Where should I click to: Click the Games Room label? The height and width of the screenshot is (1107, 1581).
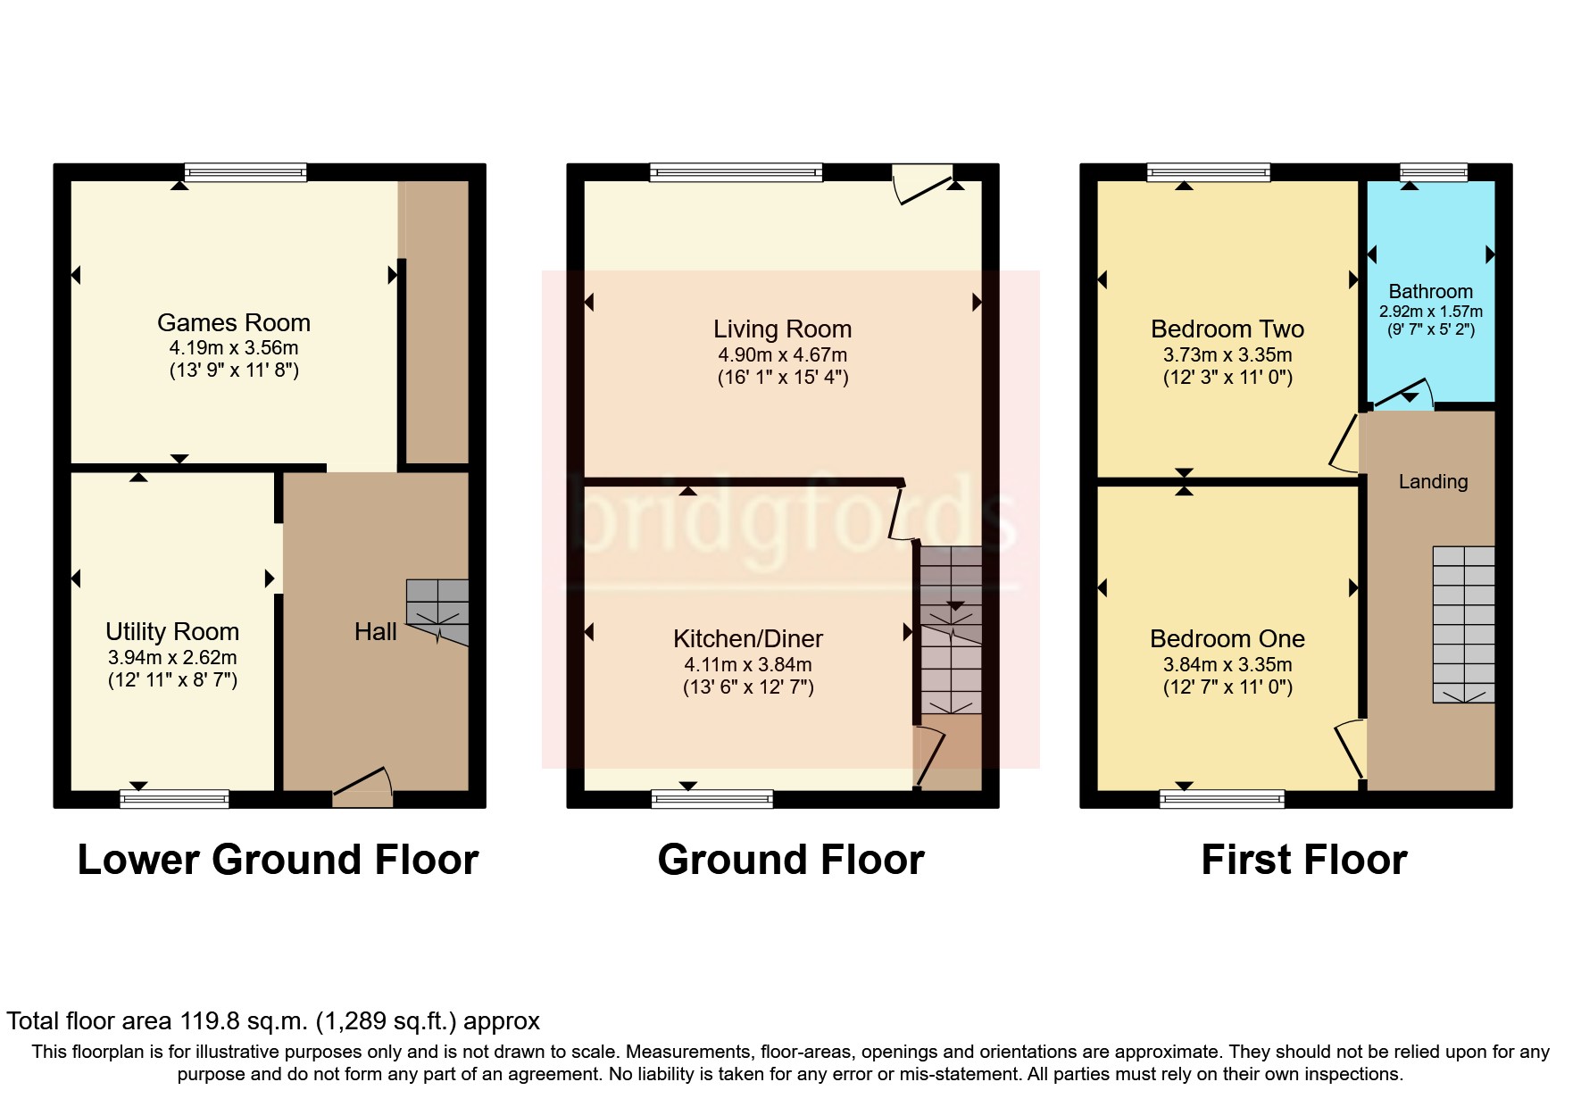click(234, 322)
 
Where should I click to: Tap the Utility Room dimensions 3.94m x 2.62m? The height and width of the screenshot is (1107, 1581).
click(172, 658)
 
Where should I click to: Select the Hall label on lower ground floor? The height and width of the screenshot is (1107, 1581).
click(375, 632)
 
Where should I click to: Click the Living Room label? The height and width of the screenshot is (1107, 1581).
click(782, 329)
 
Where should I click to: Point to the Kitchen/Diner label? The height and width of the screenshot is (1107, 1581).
click(748, 639)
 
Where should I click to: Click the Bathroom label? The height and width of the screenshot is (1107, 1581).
click(1430, 292)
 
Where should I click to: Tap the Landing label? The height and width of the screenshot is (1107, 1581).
click(1433, 482)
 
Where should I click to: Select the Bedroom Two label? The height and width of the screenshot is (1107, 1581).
click(1227, 329)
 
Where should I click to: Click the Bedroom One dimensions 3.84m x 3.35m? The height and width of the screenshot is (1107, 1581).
click(1227, 665)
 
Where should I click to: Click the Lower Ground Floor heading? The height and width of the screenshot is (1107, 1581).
click(278, 860)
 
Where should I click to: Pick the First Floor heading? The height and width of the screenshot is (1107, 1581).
click(1303, 860)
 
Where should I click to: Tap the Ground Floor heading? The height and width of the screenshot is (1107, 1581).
click(791, 860)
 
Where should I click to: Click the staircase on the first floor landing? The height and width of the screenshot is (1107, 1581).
click(1463, 624)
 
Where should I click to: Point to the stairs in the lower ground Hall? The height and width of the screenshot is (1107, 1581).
click(437, 612)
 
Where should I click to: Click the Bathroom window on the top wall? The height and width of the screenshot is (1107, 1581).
click(1433, 172)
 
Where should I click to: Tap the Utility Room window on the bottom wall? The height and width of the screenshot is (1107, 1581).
click(174, 798)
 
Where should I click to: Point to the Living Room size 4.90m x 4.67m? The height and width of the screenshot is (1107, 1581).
click(782, 355)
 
